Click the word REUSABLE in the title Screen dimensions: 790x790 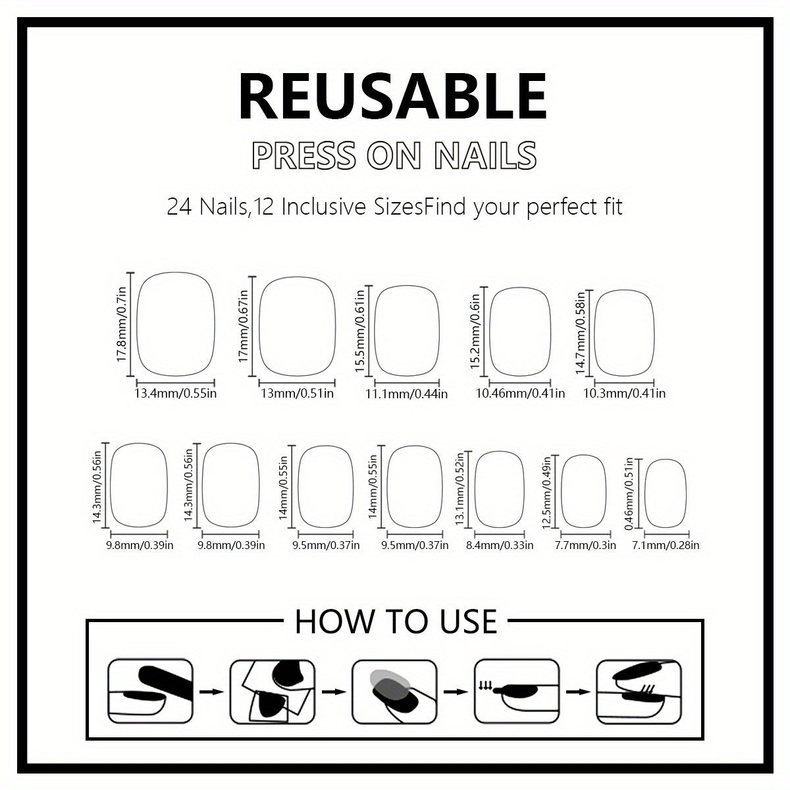click(393, 97)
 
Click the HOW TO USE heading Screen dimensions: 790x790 click(396, 621)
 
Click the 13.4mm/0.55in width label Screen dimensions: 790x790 click(176, 394)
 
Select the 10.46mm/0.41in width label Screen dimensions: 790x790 click(520, 394)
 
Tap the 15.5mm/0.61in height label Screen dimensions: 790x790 click(359, 333)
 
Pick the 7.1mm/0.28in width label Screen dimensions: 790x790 click(665, 545)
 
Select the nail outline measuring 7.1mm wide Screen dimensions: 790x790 click(665, 493)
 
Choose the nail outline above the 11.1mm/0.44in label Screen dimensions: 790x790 click(407, 330)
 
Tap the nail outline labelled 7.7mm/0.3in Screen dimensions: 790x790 click(584, 491)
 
